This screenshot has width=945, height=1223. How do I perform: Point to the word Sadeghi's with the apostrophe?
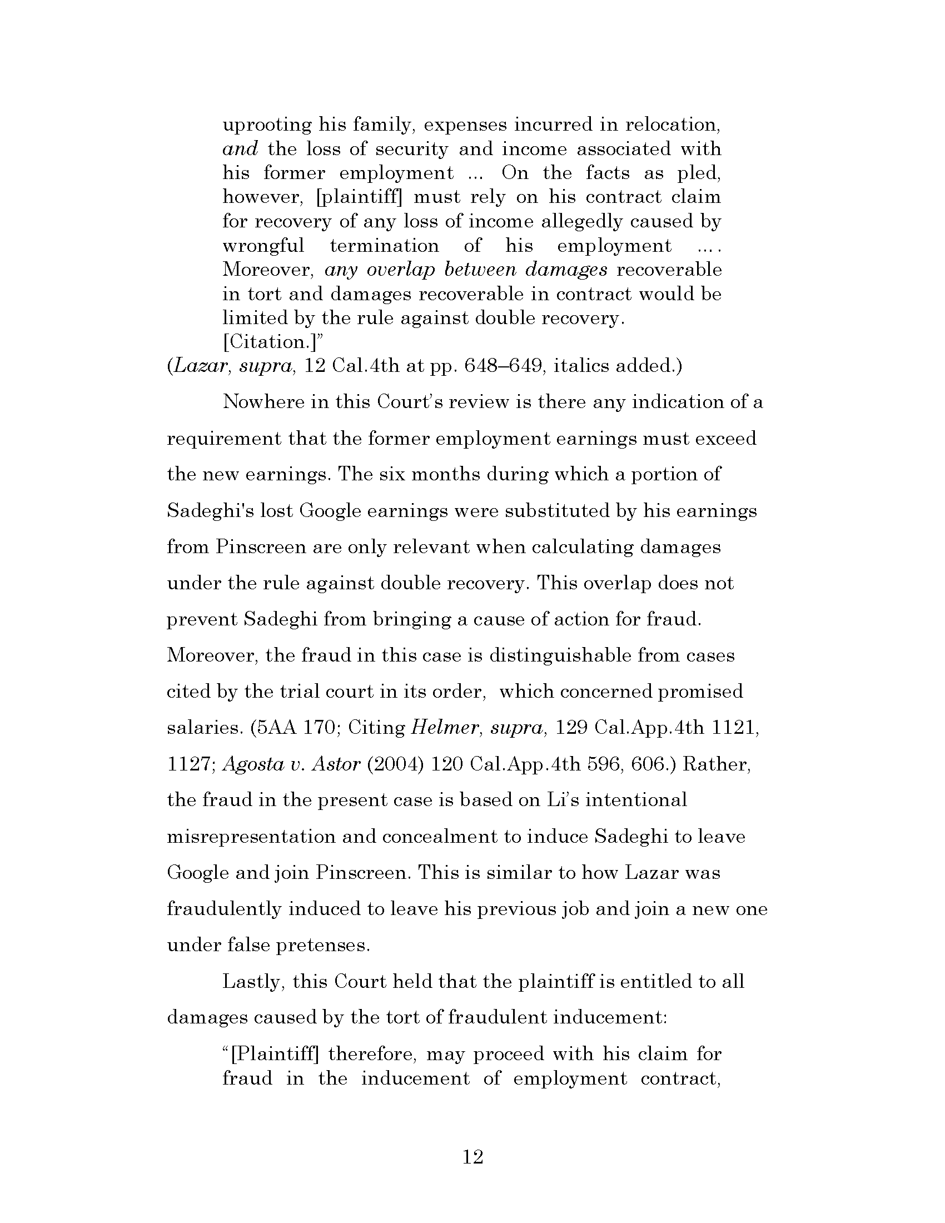tap(210, 511)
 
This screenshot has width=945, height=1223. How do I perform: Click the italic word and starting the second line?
tap(240, 150)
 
